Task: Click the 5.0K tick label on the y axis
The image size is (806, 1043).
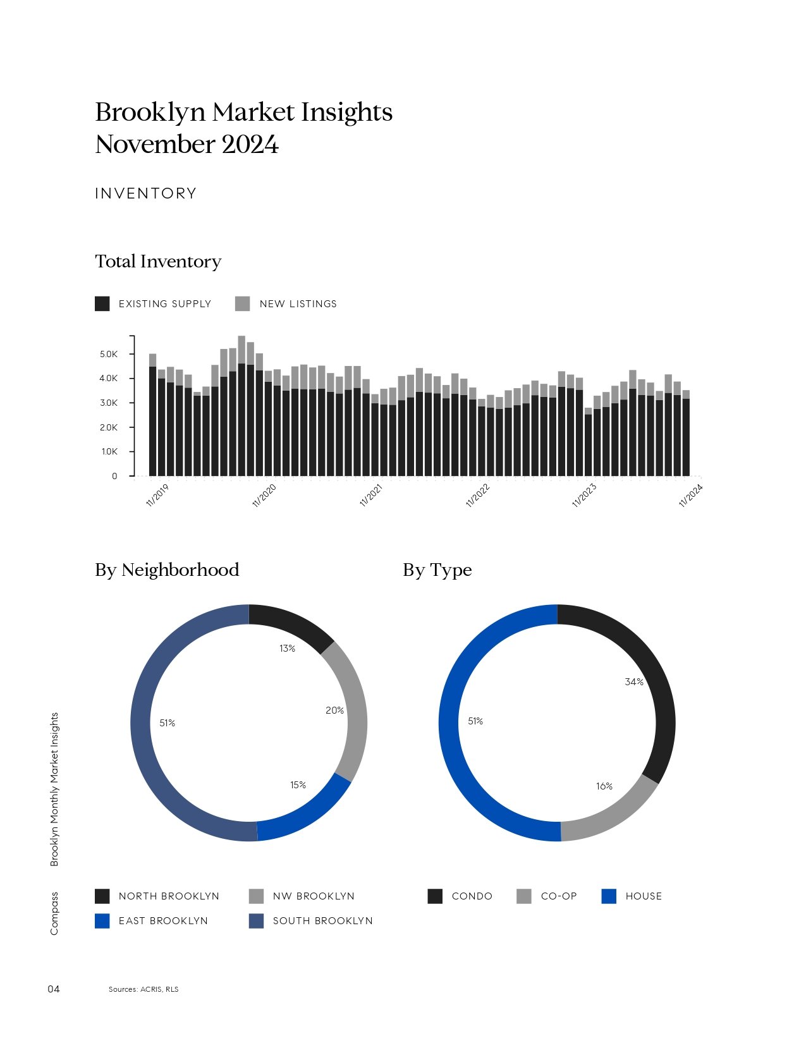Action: (x=109, y=354)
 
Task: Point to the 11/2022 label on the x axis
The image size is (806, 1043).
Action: (x=478, y=496)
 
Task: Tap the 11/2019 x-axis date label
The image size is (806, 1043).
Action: (x=157, y=496)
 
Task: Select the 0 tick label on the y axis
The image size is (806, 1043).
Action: (x=114, y=476)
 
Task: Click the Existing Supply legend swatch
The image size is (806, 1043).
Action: (x=102, y=304)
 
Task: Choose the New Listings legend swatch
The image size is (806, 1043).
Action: (x=242, y=304)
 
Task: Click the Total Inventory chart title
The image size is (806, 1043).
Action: (x=158, y=262)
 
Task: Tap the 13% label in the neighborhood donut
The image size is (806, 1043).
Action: (x=287, y=649)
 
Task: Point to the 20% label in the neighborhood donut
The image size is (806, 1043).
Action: (x=334, y=711)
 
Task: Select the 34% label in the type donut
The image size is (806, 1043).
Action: (x=633, y=681)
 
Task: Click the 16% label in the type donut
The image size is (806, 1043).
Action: (x=604, y=786)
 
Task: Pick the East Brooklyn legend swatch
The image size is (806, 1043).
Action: (x=102, y=921)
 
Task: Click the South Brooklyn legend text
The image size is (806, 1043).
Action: (x=322, y=921)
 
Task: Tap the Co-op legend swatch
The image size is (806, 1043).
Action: (x=523, y=896)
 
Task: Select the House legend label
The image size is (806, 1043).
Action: (x=644, y=896)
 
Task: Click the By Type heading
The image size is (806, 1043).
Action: (x=437, y=570)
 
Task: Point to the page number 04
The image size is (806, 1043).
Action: (x=54, y=989)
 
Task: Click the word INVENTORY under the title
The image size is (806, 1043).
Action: (x=146, y=193)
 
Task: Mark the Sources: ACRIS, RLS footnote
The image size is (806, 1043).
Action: (x=143, y=989)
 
